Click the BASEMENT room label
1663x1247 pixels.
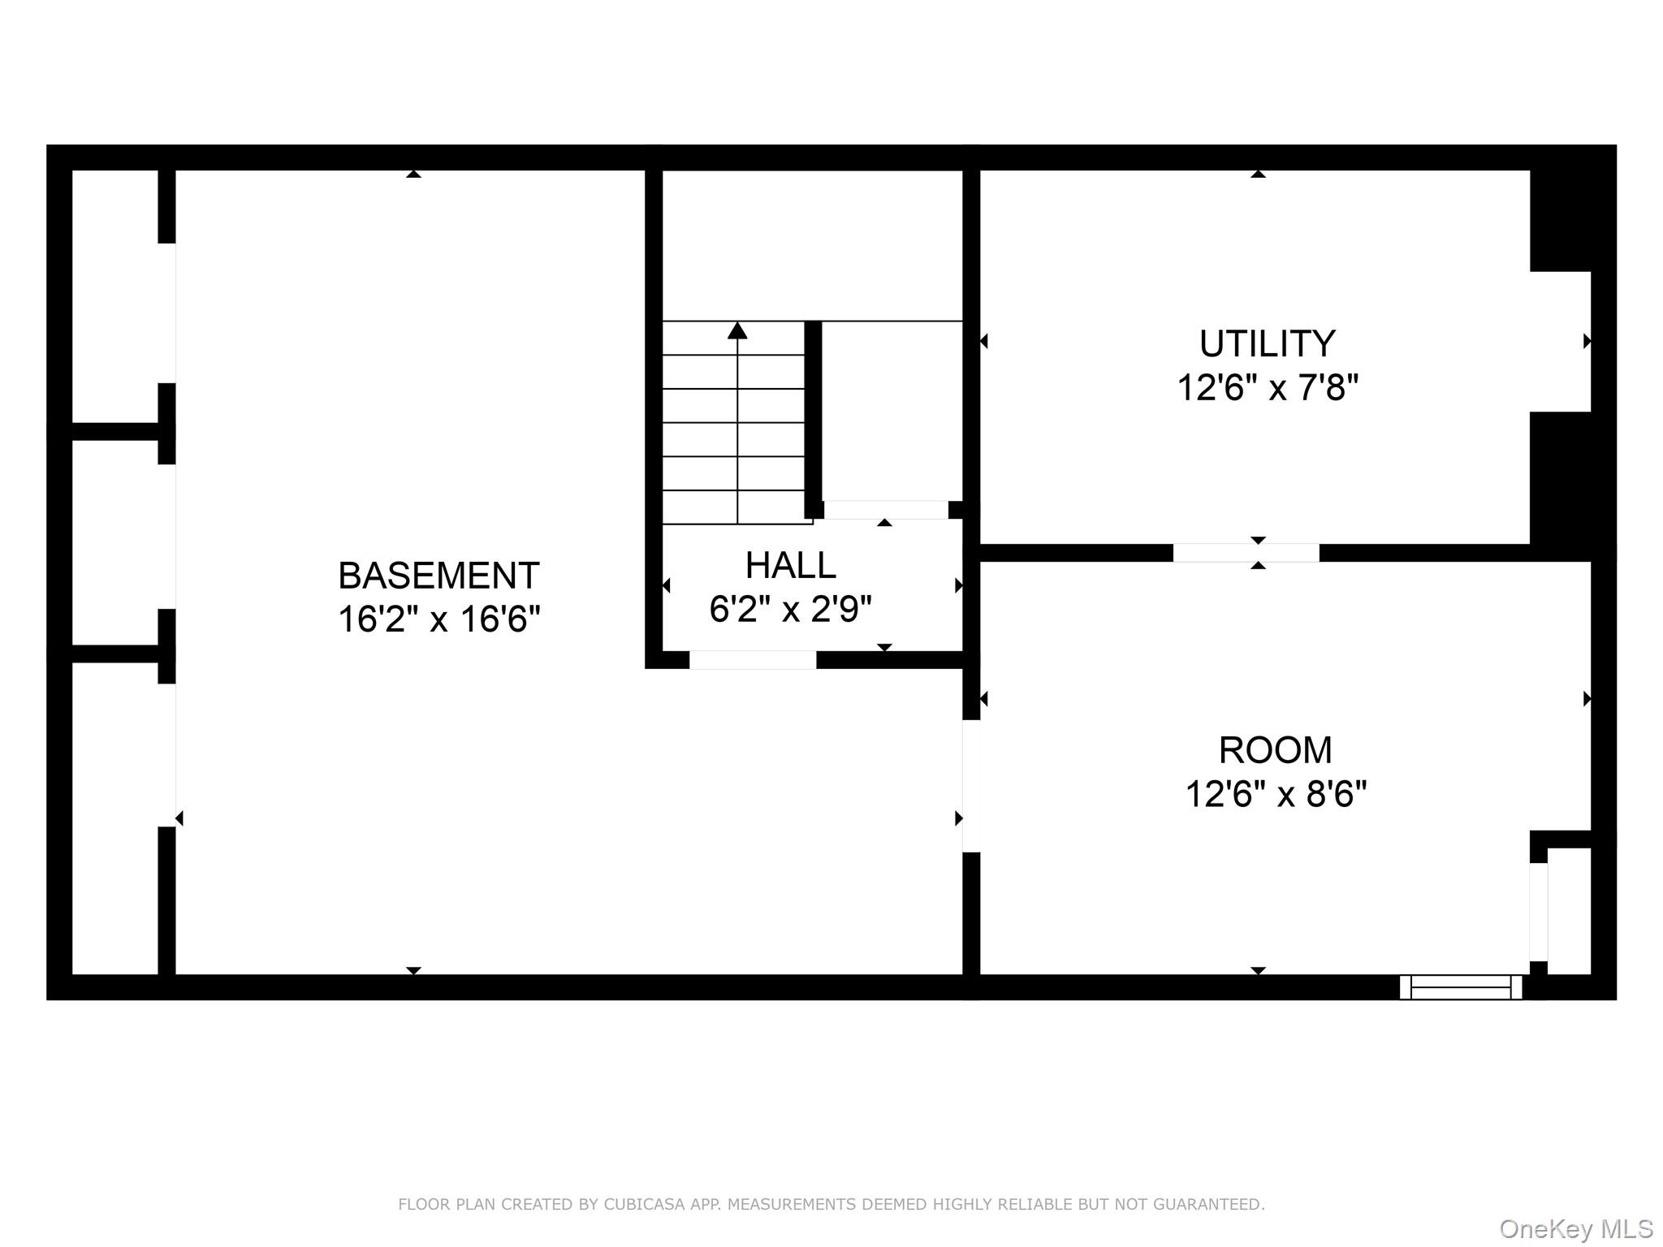pyautogui.click(x=438, y=576)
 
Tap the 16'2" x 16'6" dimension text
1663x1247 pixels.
pyautogui.click(x=438, y=619)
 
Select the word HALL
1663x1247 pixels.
pyautogui.click(x=790, y=566)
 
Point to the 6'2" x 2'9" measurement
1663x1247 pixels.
pyautogui.click(x=790, y=609)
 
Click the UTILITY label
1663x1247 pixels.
pyautogui.click(x=1267, y=344)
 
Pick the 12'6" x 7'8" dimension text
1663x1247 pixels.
pyautogui.click(x=1267, y=388)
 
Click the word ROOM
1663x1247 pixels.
pyautogui.click(x=1275, y=750)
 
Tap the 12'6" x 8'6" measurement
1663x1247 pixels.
pyautogui.click(x=1275, y=794)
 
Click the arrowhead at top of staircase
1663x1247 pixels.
pyautogui.click(x=737, y=330)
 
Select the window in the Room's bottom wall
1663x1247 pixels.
pyautogui.click(x=1460, y=987)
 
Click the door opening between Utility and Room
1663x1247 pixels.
pyautogui.click(x=1246, y=553)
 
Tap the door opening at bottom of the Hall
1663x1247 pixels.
pyautogui.click(x=752, y=660)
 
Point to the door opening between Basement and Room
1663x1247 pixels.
pyautogui.click(x=971, y=786)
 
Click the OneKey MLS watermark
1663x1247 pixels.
pyautogui.click(x=1575, y=1229)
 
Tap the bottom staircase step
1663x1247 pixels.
pyautogui.click(x=733, y=507)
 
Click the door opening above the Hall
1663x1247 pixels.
pyautogui.click(x=885, y=510)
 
